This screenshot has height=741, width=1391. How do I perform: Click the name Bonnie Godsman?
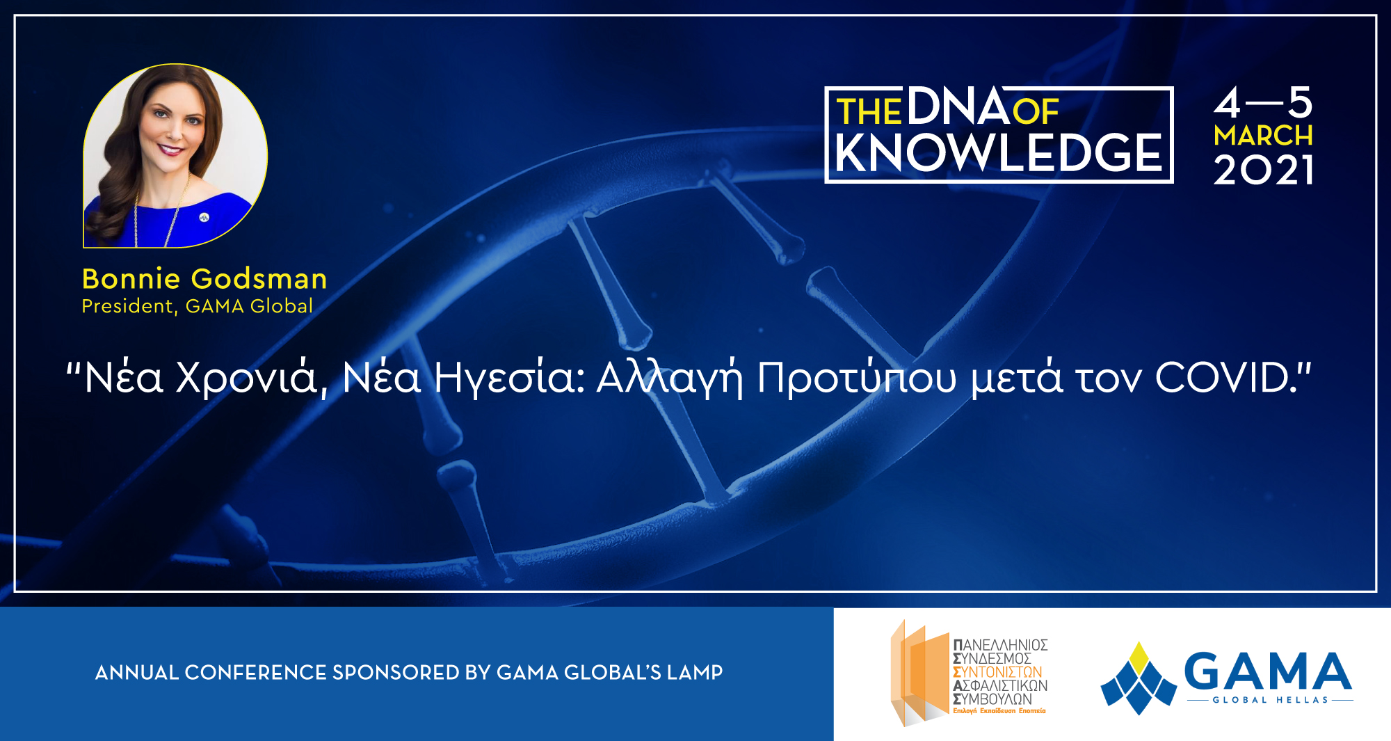click(204, 279)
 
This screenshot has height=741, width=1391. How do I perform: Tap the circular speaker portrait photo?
click(175, 156)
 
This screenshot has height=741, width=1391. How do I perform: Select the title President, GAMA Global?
click(198, 306)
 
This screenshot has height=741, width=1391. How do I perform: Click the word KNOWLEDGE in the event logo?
click(999, 153)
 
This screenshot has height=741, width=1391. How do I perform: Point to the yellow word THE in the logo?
click(869, 112)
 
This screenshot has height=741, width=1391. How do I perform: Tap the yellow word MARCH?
click(1263, 136)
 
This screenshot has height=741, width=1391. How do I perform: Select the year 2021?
click(1263, 170)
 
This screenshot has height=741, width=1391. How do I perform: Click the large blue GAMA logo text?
click(1267, 671)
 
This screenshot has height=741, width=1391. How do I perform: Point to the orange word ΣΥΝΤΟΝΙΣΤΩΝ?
click(997, 672)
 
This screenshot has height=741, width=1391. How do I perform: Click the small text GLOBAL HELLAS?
click(1270, 700)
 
